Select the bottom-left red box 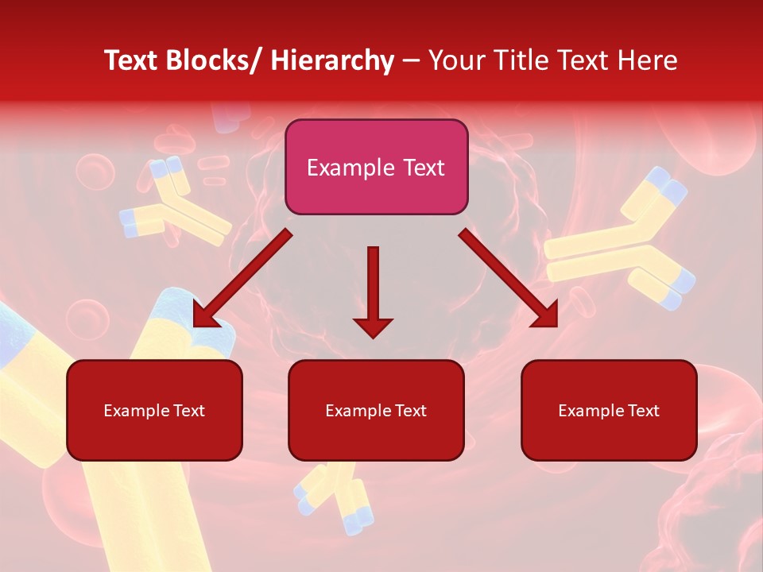(x=154, y=410)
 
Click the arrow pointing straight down (x=373, y=291)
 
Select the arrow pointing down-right (x=509, y=278)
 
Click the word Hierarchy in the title (x=332, y=60)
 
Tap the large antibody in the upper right (x=624, y=242)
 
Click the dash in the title (x=411, y=60)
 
